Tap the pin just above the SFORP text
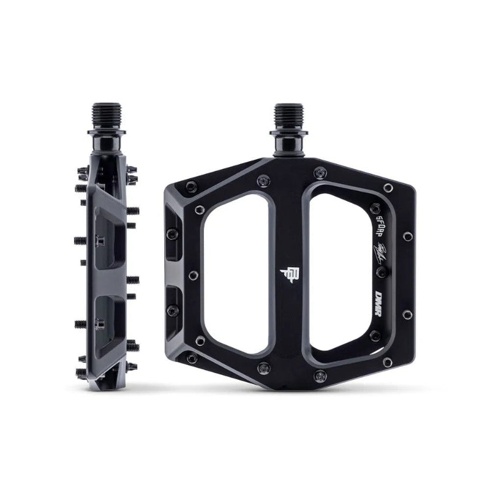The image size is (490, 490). [388, 187]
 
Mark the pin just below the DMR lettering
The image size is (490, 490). [407, 314]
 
